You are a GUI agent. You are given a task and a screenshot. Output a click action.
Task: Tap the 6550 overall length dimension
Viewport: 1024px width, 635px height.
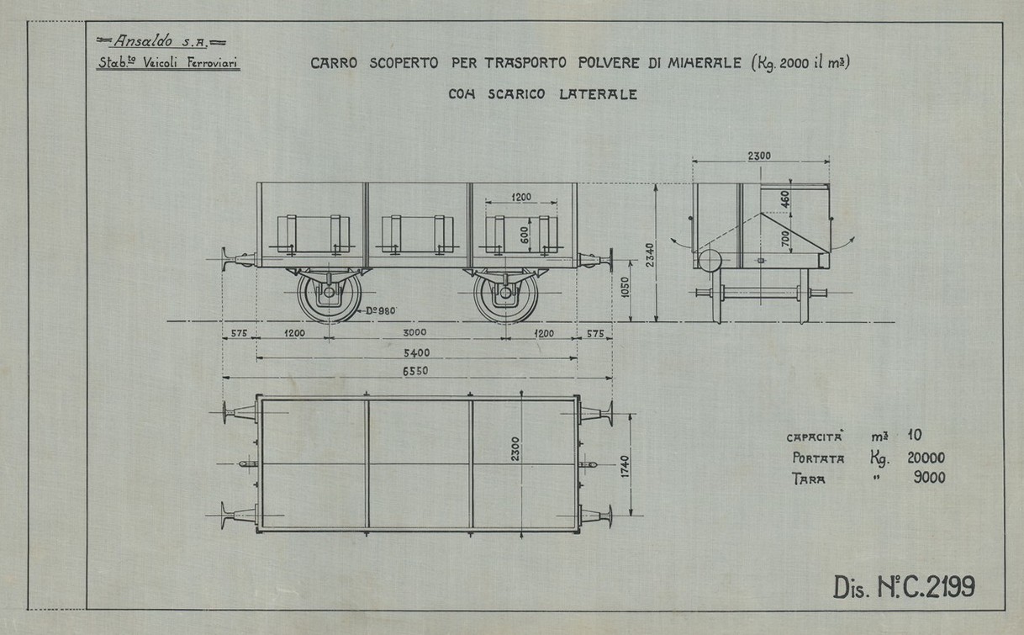pos(418,372)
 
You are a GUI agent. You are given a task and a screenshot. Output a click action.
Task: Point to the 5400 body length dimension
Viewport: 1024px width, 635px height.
pos(418,352)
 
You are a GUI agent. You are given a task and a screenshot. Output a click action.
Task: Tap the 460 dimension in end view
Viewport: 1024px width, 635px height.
pos(784,198)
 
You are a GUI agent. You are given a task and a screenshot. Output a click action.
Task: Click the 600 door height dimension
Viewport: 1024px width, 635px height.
pos(525,235)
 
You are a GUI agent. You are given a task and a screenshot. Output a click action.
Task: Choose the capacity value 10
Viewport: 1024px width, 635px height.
pos(915,437)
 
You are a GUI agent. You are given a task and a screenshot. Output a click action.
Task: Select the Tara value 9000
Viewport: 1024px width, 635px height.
pos(927,479)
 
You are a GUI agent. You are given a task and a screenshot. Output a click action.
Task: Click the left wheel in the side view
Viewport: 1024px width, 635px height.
pos(329,296)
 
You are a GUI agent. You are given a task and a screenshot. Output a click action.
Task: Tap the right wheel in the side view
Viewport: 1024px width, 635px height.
pos(505,296)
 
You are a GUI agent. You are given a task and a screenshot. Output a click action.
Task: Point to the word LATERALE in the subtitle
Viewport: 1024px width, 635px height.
pos(598,94)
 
